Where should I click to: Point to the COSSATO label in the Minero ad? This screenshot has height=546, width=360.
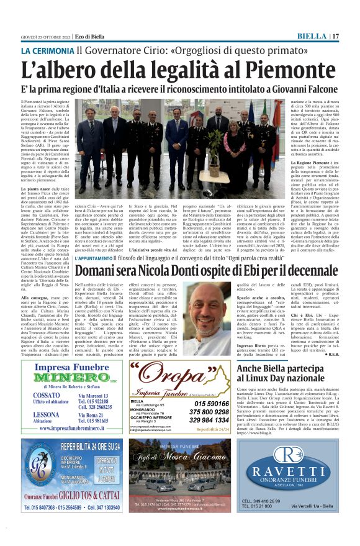pos(47,395)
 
